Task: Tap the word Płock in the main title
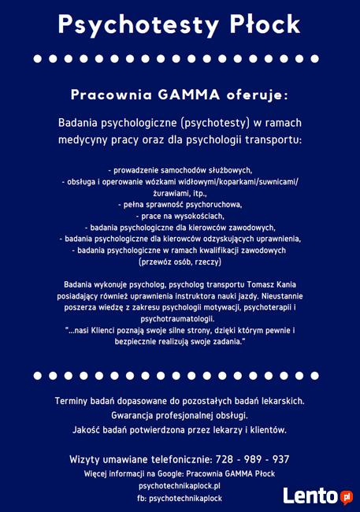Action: click(259, 25)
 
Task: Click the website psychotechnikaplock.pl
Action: click(180, 486)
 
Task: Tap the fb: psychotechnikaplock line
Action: click(180, 499)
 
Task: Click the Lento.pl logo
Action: click(317, 496)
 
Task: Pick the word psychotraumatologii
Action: click(180, 319)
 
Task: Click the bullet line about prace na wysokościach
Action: click(180, 215)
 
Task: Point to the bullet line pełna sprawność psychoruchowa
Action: click(180, 204)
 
